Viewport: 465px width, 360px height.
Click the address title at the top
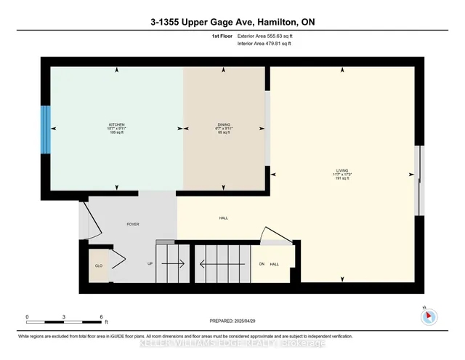tap(232, 21)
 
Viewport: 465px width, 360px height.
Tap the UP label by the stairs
tap(150, 263)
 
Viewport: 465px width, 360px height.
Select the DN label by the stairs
tap(262, 263)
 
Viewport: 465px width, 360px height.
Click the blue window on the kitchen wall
tap(45, 128)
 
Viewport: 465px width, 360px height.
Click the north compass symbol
tap(428, 316)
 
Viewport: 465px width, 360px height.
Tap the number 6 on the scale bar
tap(102, 317)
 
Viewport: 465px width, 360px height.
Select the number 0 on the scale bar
tap(27, 317)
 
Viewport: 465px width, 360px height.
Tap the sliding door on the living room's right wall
tap(418, 180)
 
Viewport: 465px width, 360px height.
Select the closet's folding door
tap(116, 258)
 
